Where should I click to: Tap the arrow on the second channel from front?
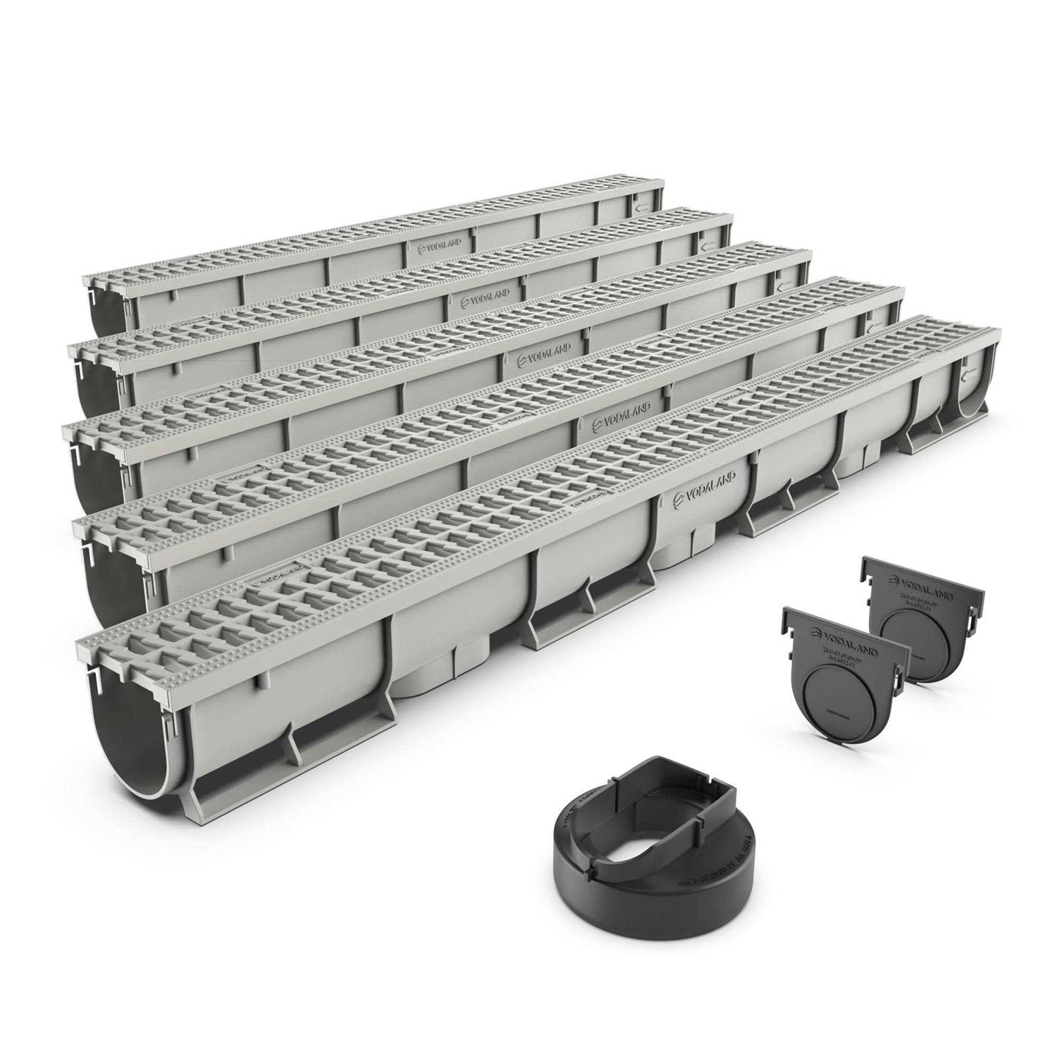pyautogui.click(x=874, y=326)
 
